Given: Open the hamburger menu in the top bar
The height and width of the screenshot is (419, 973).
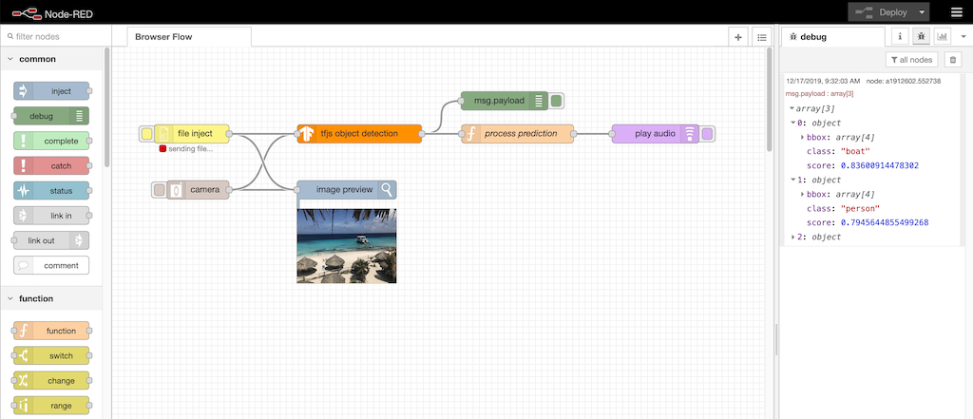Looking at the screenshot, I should point(956,12).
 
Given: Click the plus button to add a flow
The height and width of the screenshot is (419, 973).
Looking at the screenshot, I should point(738,36).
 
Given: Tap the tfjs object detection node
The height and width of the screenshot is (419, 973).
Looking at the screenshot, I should point(359,134).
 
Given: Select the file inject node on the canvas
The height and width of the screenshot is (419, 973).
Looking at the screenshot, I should point(194,134).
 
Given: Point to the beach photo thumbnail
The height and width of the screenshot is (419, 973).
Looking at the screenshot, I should point(346,245).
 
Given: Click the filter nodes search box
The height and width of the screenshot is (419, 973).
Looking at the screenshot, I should point(57,36).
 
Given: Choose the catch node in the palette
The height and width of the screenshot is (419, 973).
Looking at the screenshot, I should point(52,165).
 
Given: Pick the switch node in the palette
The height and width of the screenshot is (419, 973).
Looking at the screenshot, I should point(52,355).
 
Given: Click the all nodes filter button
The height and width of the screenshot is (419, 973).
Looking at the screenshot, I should point(911,60).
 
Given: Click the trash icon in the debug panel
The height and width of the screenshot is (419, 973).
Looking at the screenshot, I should point(953,60).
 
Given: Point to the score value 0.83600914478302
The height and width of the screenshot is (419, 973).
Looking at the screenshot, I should point(879,165).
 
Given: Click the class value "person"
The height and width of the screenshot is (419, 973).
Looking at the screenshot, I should point(859,208).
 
